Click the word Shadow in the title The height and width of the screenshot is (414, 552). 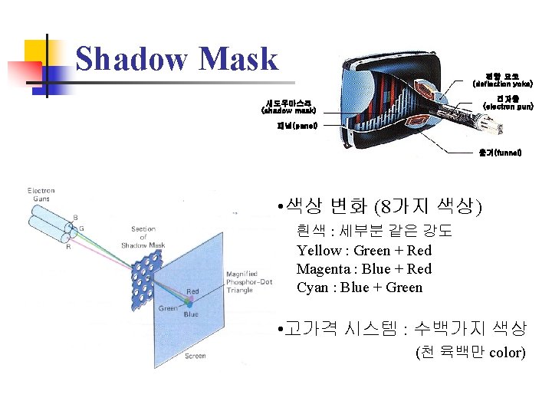131,59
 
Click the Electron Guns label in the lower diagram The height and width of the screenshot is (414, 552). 41,195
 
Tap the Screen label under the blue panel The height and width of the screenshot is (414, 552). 195,356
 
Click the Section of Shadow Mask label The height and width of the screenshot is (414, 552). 143,237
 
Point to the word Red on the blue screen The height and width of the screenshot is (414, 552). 192,291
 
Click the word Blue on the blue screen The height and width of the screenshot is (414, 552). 190,314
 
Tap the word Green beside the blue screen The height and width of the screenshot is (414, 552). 168,308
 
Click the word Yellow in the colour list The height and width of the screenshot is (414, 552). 319,251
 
